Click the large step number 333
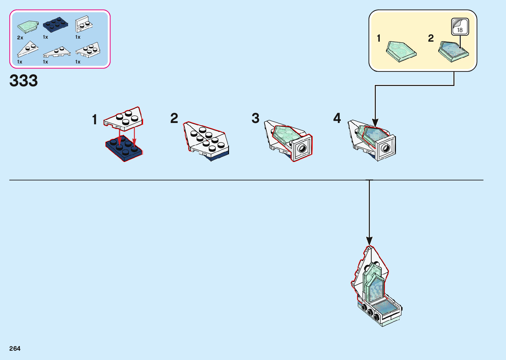tap(24, 81)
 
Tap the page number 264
tap(15, 348)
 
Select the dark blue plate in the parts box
tap(55, 25)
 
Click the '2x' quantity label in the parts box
tap(20, 38)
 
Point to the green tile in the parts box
tap(28, 26)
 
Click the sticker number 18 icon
tap(460, 27)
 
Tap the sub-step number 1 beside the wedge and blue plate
tap(95, 120)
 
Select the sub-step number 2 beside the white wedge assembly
tap(174, 118)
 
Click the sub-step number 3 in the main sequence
tap(255, 118)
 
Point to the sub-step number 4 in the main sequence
tap(337, 118)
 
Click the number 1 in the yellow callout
tap(379, 38)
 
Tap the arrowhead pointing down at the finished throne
tap(369, 241)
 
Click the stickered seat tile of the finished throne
tap(385, 307)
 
